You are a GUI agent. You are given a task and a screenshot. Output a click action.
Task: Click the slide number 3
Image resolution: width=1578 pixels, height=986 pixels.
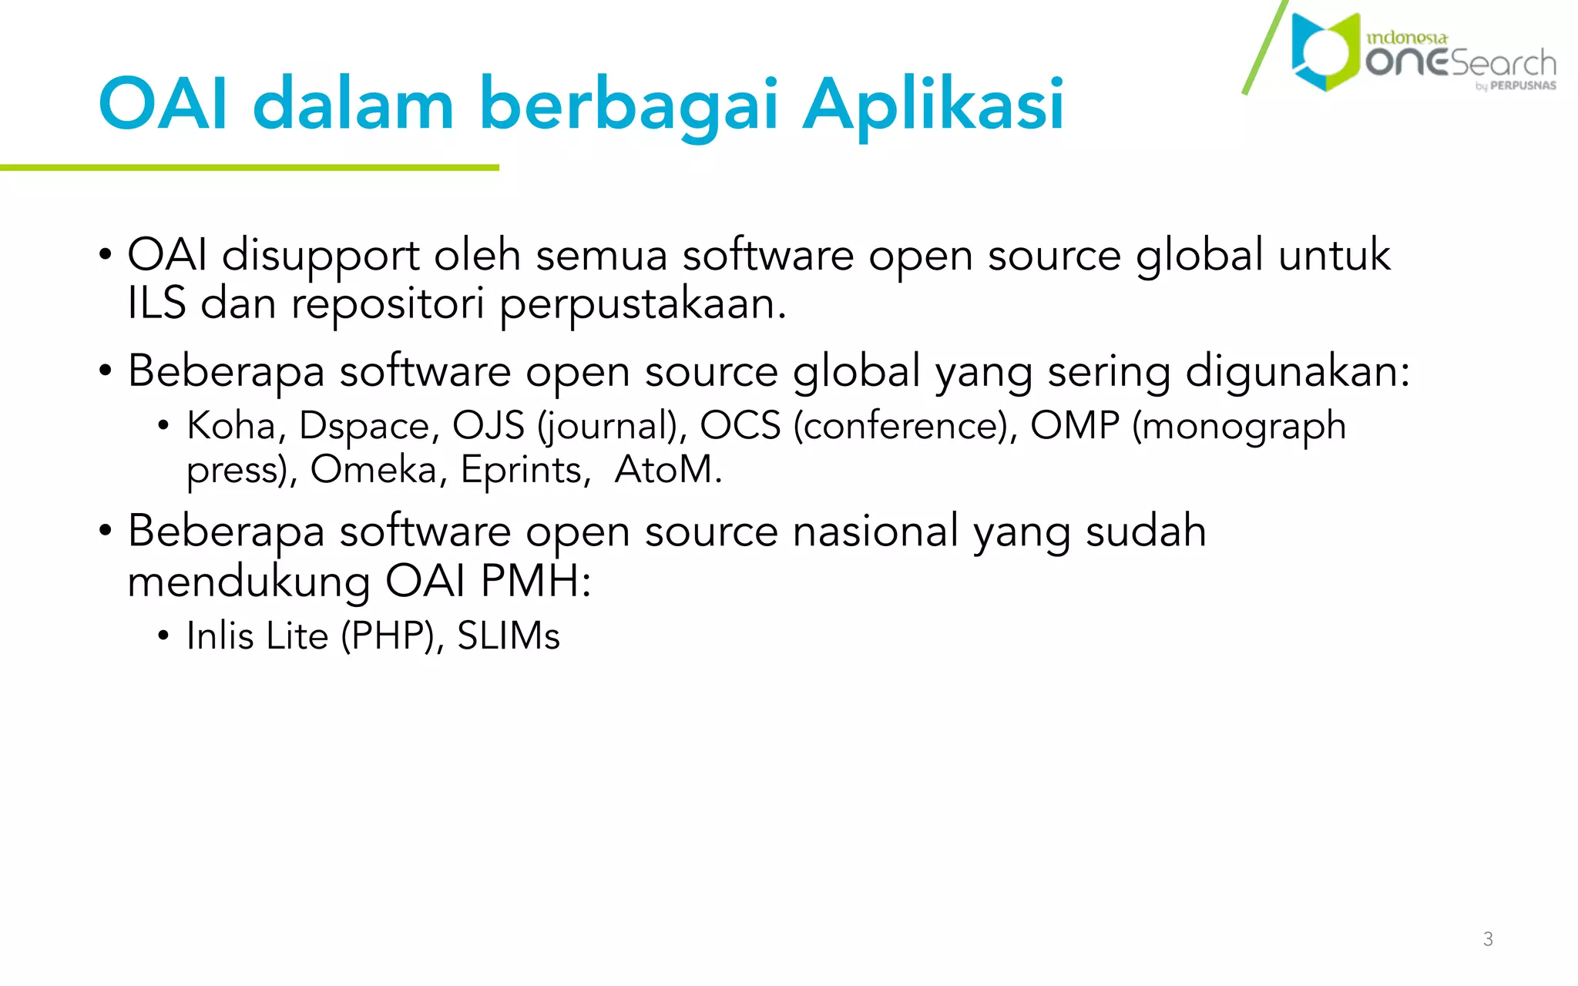pyautogui.click(x=1488, y=939)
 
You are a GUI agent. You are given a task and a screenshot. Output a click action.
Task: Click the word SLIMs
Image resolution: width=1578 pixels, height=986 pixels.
pyautogui.click(x=509, y=636)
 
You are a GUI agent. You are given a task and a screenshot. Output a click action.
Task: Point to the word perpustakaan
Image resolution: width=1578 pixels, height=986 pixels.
pyautogui.click(x=643, y=304)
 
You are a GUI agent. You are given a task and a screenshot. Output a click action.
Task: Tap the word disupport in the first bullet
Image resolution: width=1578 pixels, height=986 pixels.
pyautogui.click(x=321, y=256)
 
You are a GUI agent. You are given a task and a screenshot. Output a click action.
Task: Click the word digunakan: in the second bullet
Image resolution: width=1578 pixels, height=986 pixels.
pyautogui.click(x=1298, y=372)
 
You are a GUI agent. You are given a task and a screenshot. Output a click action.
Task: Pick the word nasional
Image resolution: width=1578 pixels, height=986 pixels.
pyautogui.click(x=875, y=531)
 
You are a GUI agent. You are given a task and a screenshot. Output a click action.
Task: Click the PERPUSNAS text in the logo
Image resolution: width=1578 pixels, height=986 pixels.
pyautogui.click(x=1523, y=86)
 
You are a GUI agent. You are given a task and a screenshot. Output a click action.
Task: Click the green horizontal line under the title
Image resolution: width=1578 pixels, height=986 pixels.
pyautogui.click(x=250, y=167)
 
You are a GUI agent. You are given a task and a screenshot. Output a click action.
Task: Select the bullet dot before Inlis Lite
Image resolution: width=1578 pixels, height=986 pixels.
pyautogui.click(x=163, y=636)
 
